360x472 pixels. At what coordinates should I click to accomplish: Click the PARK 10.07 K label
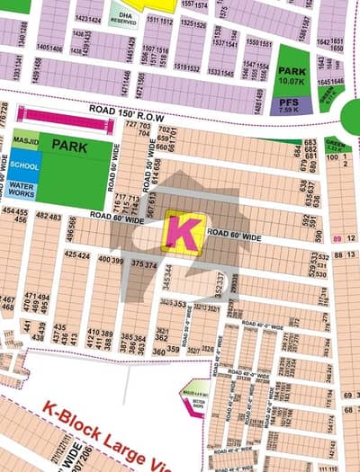click(x=292, y=75)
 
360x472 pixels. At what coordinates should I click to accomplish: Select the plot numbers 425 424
click(x=76, y=254)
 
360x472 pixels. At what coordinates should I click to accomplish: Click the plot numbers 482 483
click(x=49, y=218)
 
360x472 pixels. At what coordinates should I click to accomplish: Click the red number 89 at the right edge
click(x=337, y=238)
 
